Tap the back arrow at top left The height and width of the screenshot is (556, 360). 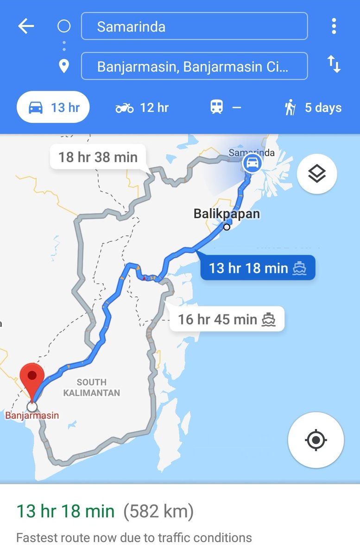tap(26, 26)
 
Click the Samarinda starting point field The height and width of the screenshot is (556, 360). tap(194, 26)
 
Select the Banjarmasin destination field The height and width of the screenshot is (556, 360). tap(194, 67)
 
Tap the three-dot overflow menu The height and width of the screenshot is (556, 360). tap(334, 26)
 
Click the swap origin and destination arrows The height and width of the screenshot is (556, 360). tap(334, 64)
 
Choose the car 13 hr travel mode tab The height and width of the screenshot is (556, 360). tap(53, 108)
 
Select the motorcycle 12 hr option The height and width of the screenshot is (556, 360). tap(142, 108)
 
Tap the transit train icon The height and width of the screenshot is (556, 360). tap(216, 108)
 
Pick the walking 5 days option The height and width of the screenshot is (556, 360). tap(313, 108)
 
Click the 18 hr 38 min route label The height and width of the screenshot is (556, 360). tap(98, 158)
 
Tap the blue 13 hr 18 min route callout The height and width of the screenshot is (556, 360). tap(257, 268)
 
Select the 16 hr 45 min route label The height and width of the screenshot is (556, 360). tap(227, 319)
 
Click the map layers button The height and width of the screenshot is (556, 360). tap(317, 174)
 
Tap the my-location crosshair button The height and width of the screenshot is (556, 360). tap(316, 440)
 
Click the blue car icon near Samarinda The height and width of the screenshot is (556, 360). tap(252, 163)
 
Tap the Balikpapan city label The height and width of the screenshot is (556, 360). tap(227, 214)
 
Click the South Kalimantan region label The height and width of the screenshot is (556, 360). tap(92, 387)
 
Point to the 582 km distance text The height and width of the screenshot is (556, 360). tap(158, 512)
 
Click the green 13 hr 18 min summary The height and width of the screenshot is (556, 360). tap(65, 512)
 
